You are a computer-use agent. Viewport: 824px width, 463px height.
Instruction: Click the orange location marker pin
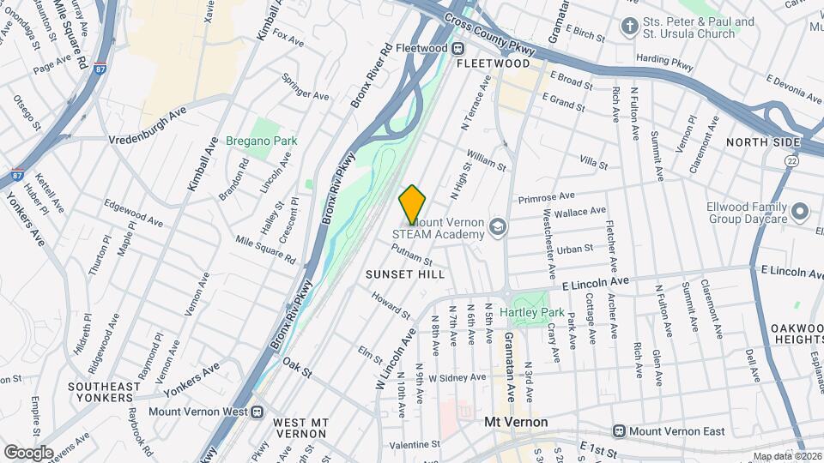tap(412, 204)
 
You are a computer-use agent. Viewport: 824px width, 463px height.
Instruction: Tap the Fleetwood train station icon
tap(458, 48)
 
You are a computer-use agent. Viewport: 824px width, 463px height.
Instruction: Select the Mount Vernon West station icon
tap(257, 411)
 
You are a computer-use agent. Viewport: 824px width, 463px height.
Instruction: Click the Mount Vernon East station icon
tap(618, 430)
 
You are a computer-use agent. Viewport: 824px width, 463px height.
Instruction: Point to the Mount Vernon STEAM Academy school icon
tap(496, 227)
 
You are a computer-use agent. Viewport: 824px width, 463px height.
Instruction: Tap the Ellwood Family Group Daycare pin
tap(800, 211)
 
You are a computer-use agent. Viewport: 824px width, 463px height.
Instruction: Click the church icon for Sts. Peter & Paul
tap(631, 25)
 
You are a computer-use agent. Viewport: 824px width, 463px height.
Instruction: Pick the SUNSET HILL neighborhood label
tap(405, 274)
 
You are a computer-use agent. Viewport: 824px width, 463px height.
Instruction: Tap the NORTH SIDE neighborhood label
tap(763, 142)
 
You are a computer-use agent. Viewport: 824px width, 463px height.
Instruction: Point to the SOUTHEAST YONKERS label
tap(115, 393)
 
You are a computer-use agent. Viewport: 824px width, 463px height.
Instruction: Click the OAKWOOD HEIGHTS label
tap(797, 334)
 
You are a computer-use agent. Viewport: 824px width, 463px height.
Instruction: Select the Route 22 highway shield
tap(791, 159)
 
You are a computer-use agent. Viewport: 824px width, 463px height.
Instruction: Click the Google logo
tap(28, 452)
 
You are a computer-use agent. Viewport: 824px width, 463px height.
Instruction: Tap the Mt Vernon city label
tap(516, 422)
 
